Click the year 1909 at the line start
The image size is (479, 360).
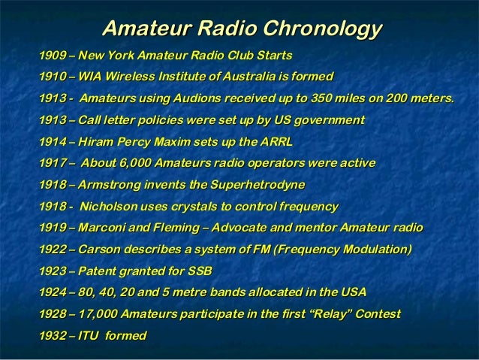[x=52, y=56]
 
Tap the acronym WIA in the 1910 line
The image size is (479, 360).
[x=92, y=77]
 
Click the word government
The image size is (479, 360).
[x=329, y=120]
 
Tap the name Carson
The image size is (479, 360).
[x=99, y=249]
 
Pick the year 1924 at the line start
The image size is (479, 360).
[x=52, y=292]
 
